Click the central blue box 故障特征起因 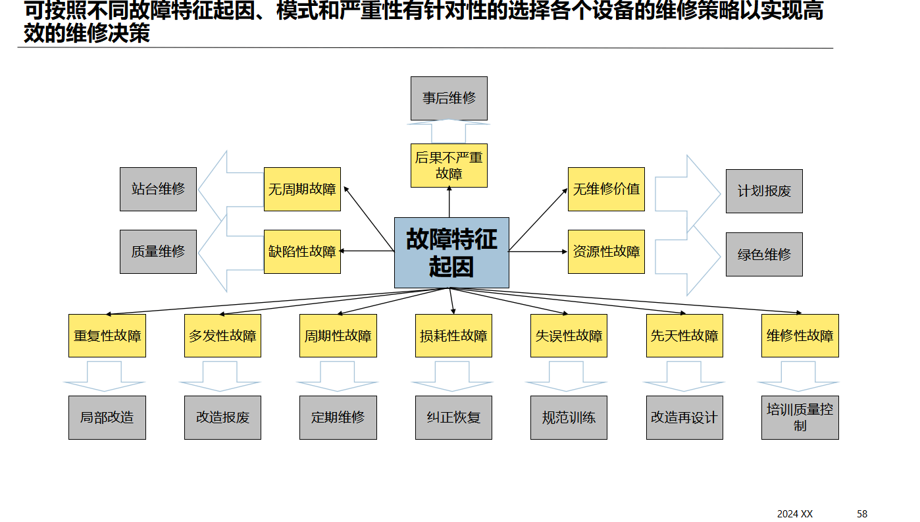451,253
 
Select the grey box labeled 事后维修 449,98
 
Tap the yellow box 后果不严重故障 449,165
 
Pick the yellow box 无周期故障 302,190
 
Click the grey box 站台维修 158,190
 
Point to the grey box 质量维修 158,251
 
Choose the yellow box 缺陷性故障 302,251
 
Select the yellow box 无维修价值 606,190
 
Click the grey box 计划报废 764,192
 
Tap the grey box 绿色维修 764,254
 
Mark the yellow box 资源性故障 606,251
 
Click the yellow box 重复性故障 107,336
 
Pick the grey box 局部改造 107,417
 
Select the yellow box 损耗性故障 453,336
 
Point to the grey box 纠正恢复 453,417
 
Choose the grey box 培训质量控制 800,417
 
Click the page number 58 862,513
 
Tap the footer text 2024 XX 794,513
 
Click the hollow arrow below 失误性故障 569,377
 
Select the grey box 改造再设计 684,417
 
